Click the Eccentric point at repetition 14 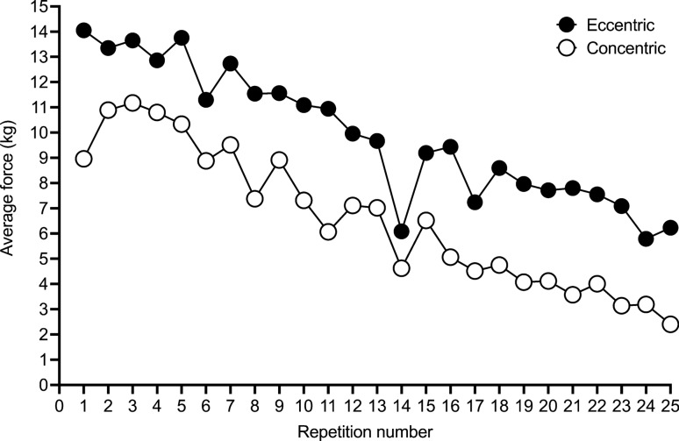pyautogui.click(x=402, y=231)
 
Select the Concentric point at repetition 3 pyautogui.click(x=132, y=103)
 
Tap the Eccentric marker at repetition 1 pyautogui.click(x=83, y=30)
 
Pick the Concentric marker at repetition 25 pyautogui.click(x=671, y=324)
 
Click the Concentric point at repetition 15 pyautogui.click(x=426, y=220)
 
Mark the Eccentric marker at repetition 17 pyautogui.click(x=475, y=202)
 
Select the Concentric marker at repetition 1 pyautogui.click(x=83, y=159)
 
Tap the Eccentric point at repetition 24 pyautogui.click(x=647, y=238)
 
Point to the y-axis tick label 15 pyautogui.click(x=39, y=7)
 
